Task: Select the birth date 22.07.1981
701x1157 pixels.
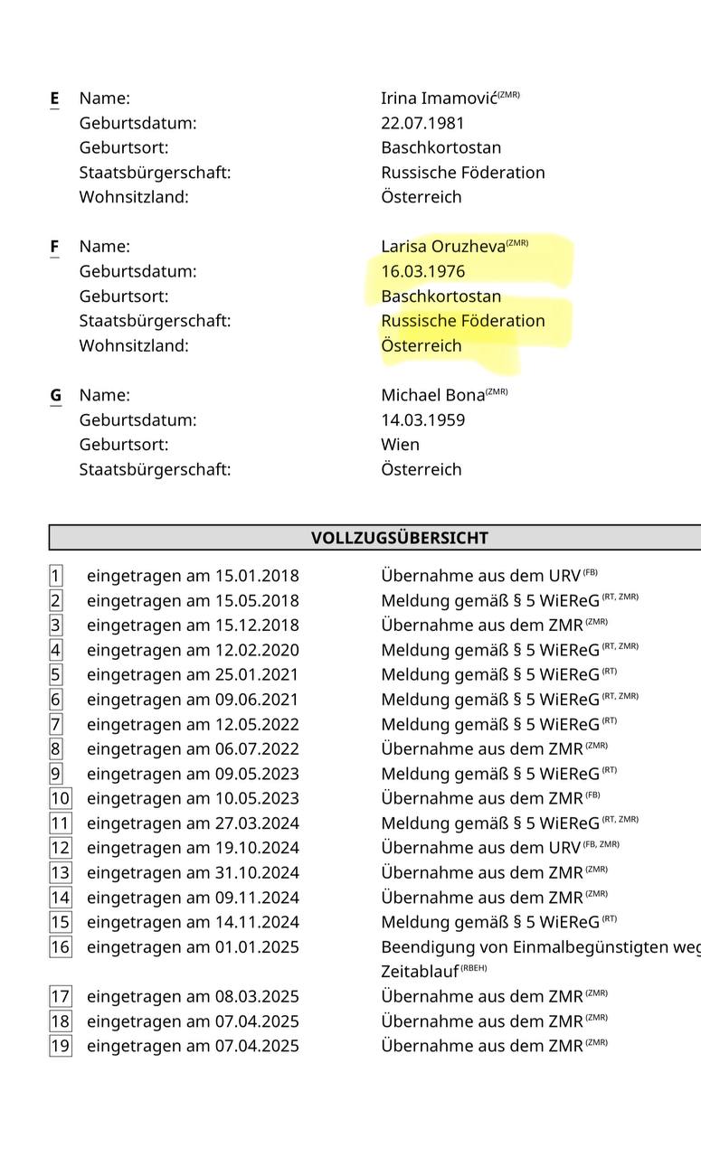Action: (423, 123)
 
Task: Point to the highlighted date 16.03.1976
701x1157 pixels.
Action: (423, 271)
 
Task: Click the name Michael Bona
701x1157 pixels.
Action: (432, 395)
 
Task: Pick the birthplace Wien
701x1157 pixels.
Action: (400, 445)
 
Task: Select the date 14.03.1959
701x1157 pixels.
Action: (423, 420)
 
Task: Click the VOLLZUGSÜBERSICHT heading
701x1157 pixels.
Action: (399, 538)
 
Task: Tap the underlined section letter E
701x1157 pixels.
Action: (55, 99)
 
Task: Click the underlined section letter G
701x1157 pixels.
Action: (56, 395)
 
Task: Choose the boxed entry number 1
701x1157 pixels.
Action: (56, 576)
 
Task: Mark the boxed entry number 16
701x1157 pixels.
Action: (60, 947)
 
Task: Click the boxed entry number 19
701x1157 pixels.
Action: (60, 1046)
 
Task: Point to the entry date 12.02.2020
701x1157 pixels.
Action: (257, 650)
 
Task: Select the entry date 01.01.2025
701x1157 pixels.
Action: (257, 947)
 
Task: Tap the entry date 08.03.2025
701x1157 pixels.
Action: (257, 997)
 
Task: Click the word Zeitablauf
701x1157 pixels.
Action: (419, 972)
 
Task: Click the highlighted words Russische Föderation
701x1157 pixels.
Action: (463, 321)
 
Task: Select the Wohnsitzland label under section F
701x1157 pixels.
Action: (134, 345)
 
